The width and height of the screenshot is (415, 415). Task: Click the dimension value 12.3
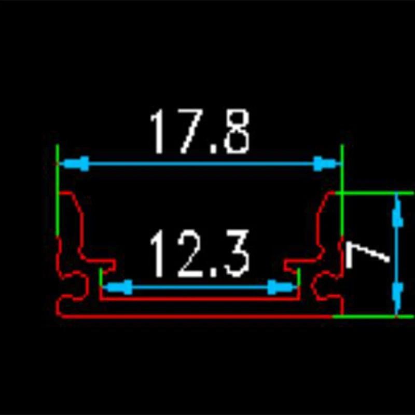point(200,254)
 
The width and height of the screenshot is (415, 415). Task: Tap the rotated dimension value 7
point(366,254)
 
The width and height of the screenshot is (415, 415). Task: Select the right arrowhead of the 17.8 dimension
point(324,164)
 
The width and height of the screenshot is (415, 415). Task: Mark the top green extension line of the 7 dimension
point(374,192)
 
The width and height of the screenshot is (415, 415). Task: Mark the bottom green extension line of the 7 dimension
point(374,315)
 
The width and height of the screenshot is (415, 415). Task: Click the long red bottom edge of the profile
point(197,315)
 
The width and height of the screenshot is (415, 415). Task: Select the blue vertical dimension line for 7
point(397,254)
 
